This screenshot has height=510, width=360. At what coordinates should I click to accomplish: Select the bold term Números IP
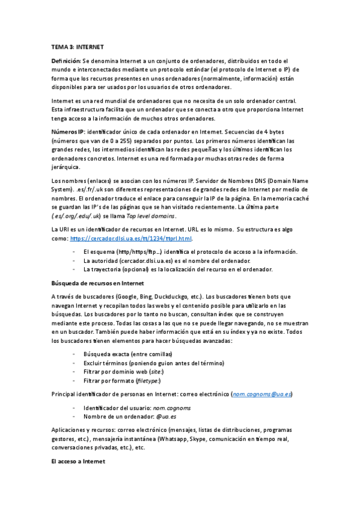tap(67, 131)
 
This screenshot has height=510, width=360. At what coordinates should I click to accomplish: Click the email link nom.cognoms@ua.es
tap(263, 393)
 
